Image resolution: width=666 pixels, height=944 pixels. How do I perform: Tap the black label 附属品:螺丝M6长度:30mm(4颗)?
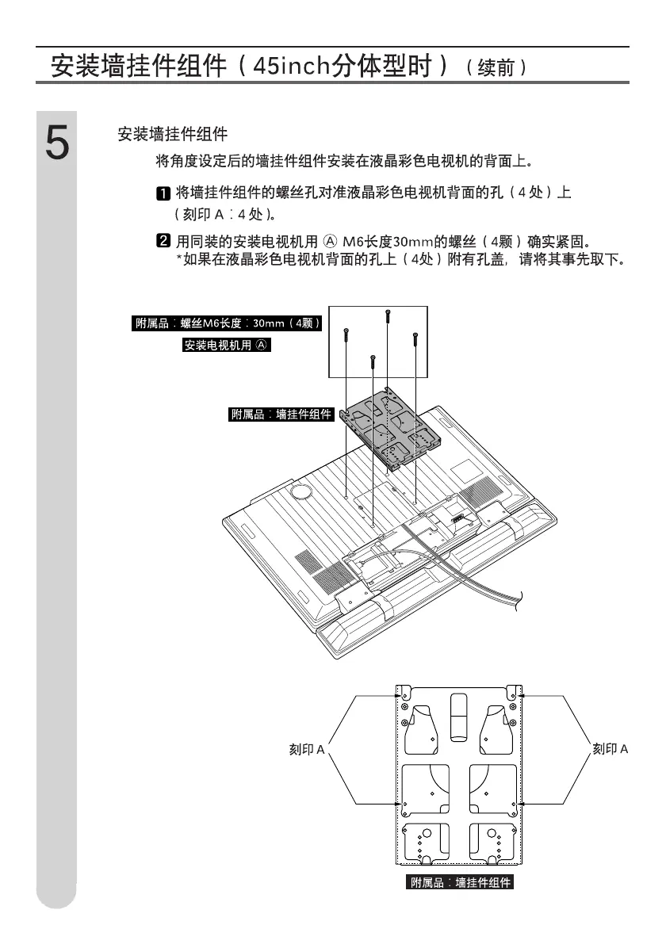pyautogui.click(x=227, y=323)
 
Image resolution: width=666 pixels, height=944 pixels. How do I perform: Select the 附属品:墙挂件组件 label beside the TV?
pyautogui.click(x=281, y=414)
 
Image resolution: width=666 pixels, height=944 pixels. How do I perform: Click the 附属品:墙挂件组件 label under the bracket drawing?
pyautogui.click(x=461, y=882)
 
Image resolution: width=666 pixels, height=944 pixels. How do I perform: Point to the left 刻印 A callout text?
pyautogui.click(x=306, y=749)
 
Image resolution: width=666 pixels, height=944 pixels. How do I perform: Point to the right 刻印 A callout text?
pyautogui.click(x=610, y=749)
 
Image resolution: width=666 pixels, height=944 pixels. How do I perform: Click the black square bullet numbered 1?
pyautogui.click(x=162, y=193)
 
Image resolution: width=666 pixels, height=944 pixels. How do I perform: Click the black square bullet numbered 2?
pyautogui.click(x=162, y=241)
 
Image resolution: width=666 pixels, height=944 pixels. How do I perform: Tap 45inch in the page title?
pyautogui.click(x=289, y=66)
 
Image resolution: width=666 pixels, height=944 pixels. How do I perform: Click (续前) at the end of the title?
pyautogui.click(x=497, y=68)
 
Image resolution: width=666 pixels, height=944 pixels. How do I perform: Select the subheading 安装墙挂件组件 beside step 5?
pyautogui.click(x=172, y=135)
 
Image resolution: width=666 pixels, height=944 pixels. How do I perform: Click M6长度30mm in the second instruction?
pyautogui.click(x=388, y=241)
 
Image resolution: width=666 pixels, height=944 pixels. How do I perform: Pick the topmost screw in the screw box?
pyautogui.click(x=387, y=315)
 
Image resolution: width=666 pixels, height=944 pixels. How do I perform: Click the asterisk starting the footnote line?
pyautogui.click(x=178, y=259)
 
